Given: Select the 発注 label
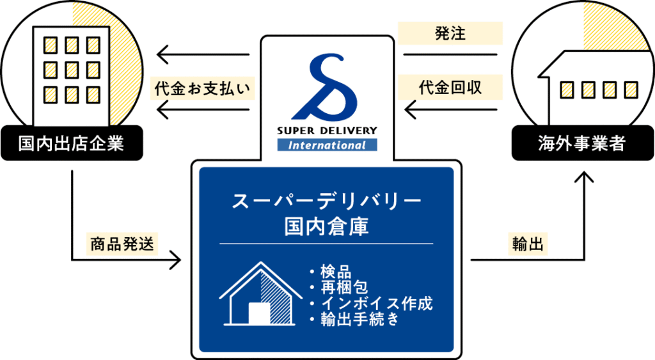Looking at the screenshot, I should tap(450, 34).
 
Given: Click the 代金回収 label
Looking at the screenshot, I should tap(450, 88).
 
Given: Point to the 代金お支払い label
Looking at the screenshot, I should tap(203, 88).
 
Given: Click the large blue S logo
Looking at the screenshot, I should tap(327, 86).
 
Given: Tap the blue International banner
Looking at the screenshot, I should tap(327, 145).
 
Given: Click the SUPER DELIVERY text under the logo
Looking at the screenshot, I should tap(327, 131).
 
